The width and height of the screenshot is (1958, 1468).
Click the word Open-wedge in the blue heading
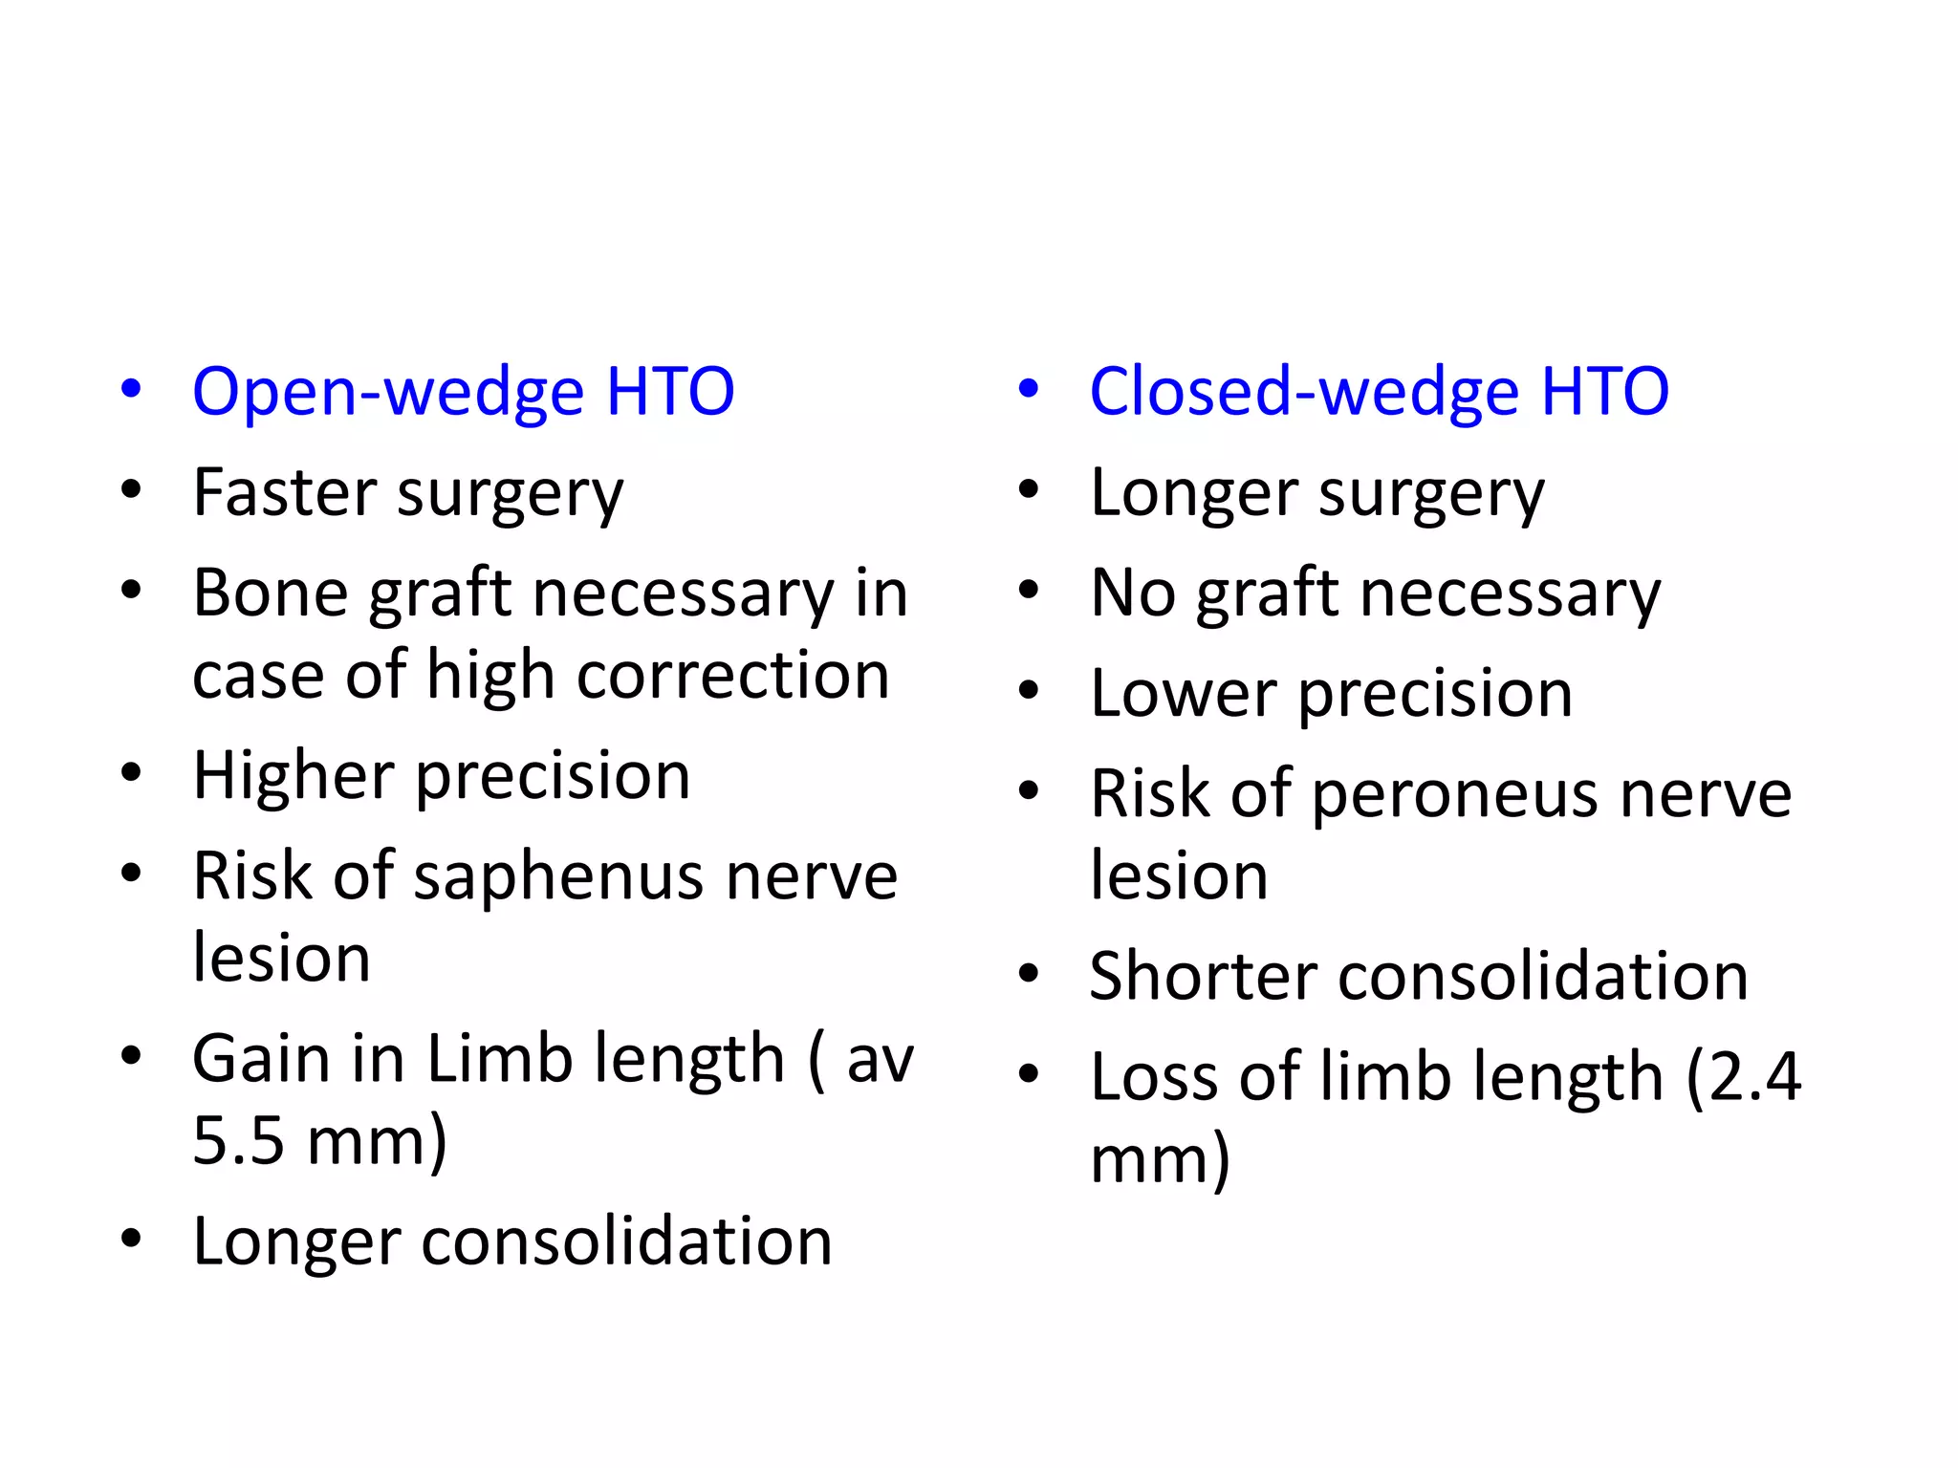coord(387,393)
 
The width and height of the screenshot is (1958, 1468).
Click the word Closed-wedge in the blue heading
coord(1303,393)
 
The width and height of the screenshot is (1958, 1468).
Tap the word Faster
coord(284,493)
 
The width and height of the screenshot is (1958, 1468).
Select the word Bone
coord(271,594)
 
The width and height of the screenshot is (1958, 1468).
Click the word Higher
coord(294,775)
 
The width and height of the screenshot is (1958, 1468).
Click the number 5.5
coord(238,1141)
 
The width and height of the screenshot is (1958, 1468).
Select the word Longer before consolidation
coord(295,1241)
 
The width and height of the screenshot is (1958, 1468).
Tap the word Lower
coord(1184,694)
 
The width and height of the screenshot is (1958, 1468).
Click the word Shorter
coord(1204,977)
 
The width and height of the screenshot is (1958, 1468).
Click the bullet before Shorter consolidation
coord(1029,975)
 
